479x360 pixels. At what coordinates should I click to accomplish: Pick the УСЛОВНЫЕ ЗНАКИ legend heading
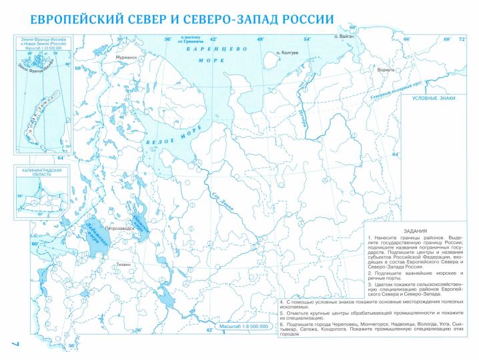click(432, 98)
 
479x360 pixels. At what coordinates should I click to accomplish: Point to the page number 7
click(13, 342)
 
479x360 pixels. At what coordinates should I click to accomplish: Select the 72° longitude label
click(461, 39)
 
